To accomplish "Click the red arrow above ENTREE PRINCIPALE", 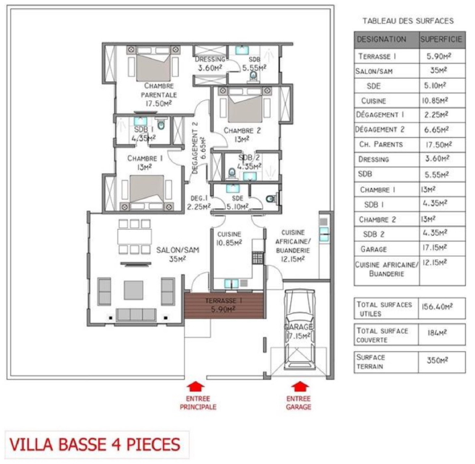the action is tap(195, 387).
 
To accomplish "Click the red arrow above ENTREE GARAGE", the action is tap(300, 387).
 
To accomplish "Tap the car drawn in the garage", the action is tap(300, 330).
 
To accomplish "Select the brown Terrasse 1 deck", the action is tap(224, 305).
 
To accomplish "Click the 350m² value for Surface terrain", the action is tap(437, 360).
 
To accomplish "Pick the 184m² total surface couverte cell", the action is tap(437, 333).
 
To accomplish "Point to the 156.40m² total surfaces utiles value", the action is tap(437, 307).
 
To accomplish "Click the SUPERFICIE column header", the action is tap(441, 39).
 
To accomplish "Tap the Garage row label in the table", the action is tap(373, 249).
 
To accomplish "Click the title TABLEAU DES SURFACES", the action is tap(408, 21).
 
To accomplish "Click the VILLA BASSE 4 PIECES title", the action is tap(95, 444).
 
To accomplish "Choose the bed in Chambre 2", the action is tap(245, 105).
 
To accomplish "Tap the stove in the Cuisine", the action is tap(258, 257).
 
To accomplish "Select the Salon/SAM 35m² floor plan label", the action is tap(177, 254).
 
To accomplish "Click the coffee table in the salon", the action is tap(133, 290).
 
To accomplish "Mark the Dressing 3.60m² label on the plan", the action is tap(210, 64).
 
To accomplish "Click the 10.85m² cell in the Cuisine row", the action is tap(435, 101).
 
